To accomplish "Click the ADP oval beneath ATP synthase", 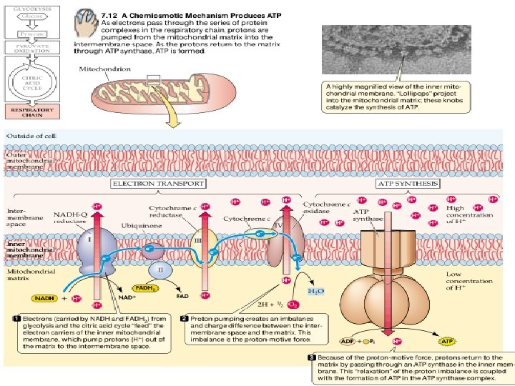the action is coord(346,332).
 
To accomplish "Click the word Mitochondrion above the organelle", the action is coord(100,69).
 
